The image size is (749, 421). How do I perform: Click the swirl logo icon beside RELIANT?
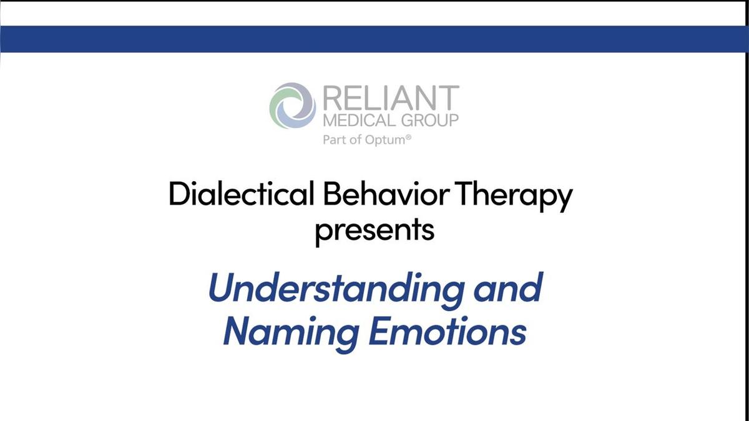point(293,106)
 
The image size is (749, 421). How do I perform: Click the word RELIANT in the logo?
point(391,97)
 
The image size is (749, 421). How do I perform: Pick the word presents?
point(374,229)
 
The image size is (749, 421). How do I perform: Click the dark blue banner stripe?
point(374,39)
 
